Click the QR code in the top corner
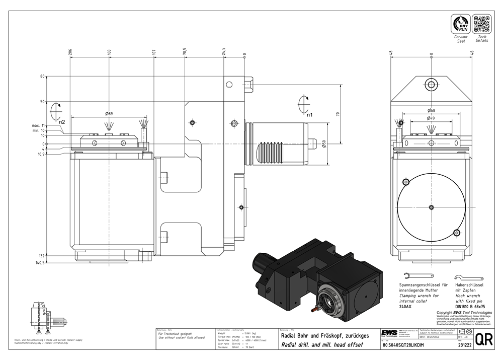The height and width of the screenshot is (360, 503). [481, 24]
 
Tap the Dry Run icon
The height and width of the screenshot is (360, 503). [461, 24]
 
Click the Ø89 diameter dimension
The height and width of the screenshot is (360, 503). [108, 113]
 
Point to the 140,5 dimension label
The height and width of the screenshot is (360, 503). [54, 262]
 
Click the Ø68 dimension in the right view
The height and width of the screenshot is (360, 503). [431, 110]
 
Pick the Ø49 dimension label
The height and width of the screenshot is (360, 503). [431, 118]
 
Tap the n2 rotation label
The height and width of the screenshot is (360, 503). [61, 122]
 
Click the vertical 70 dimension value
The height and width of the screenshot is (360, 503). [338, 114]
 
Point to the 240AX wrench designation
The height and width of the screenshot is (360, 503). [404, 306]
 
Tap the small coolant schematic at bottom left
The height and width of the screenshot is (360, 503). [44, 316]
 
